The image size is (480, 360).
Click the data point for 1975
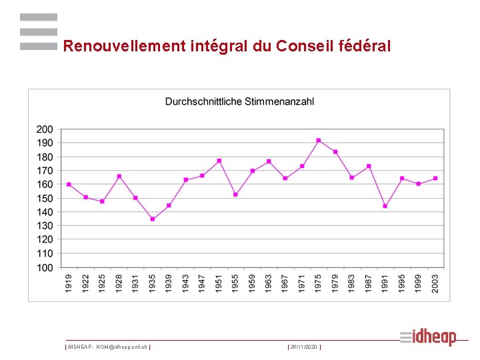[319, 140]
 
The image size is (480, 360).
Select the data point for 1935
[153, 219]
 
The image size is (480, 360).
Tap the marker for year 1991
[385, 206]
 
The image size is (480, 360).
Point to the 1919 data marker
[69, 185]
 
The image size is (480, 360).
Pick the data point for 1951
[219, 161]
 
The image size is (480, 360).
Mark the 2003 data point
[435, 178]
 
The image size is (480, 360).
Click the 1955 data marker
[235, 195]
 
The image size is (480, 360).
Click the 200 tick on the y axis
[45, 129]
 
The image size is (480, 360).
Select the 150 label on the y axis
[45, 199]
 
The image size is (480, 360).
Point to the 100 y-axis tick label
[45, 268]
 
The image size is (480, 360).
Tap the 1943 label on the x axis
[186, 282]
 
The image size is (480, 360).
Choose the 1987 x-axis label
[369, 282]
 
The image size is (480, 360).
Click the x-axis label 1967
[285, 282]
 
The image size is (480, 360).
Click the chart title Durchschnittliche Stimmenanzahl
[239, 102]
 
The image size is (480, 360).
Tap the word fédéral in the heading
[365, 47]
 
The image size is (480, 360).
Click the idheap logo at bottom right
[428, 337]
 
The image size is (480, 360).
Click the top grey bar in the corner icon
[39, 17]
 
